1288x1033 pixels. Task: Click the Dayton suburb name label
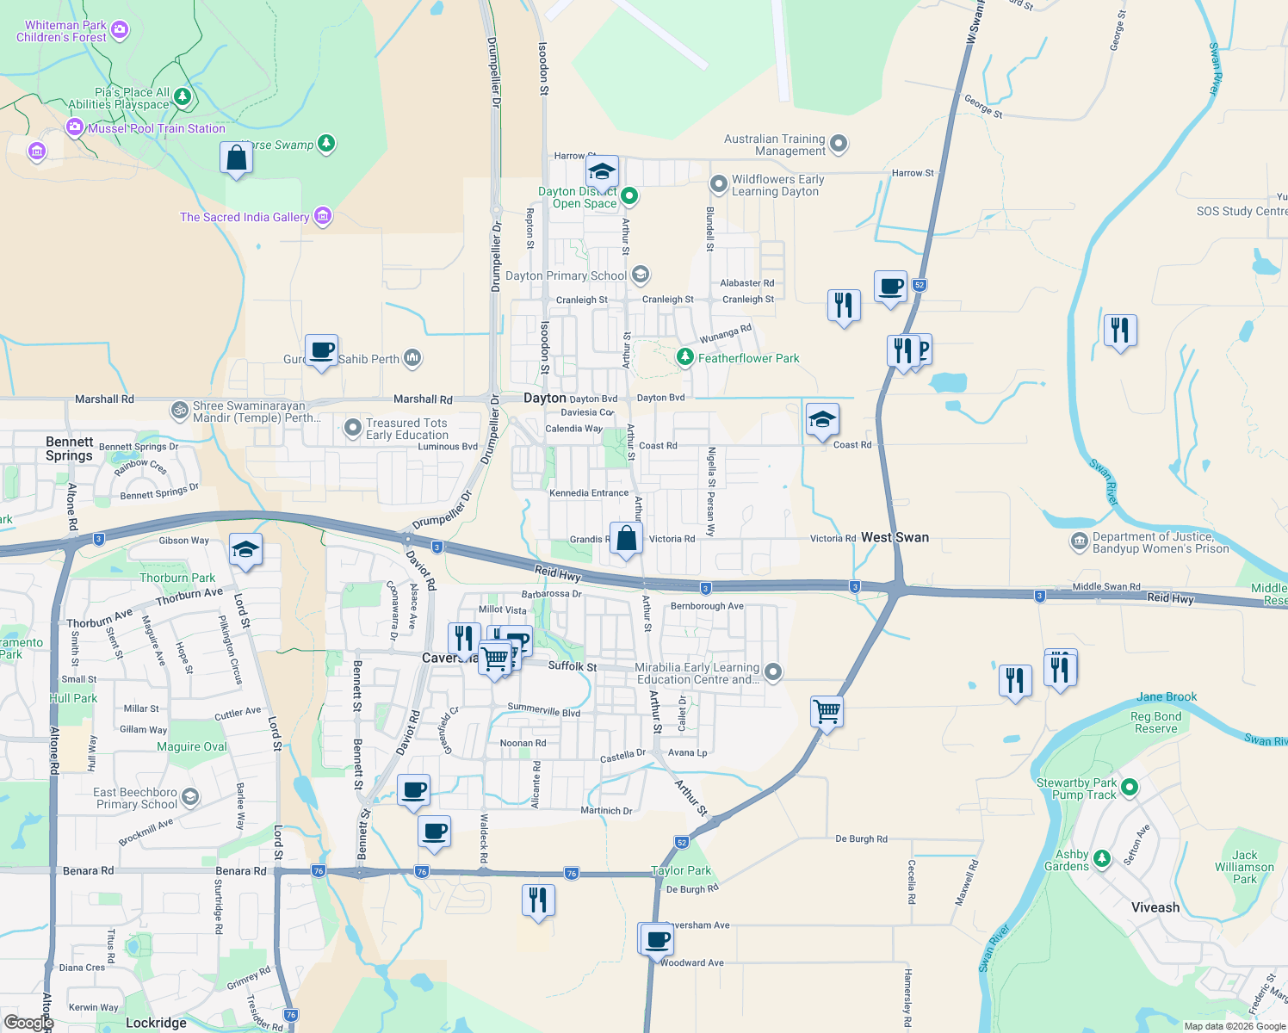tap(545, 398)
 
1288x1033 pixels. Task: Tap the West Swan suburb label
tap(895, 537)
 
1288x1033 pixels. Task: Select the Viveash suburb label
tap(1155, 907)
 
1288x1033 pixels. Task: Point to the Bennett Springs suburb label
tap(69, 448)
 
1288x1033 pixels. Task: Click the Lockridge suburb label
tap(156, 1023)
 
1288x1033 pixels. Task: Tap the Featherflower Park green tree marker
tap(684, 356)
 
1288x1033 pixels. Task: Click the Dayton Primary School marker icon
tap(640, 275)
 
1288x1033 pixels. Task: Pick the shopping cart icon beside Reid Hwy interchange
tap(827, 711)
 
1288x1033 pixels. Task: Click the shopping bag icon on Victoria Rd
tap(627, 539)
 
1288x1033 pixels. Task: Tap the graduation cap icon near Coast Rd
tap(822, 419)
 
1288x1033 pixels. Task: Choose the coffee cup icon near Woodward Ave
tap(657, 938)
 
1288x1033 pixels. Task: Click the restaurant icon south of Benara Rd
tap(538, 900)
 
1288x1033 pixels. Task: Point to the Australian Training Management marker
tap(839, 144)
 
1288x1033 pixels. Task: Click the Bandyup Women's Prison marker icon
tap(1079, 541)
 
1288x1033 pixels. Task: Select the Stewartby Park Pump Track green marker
tap(1130, 787)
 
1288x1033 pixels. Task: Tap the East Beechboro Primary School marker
tap(189, 796)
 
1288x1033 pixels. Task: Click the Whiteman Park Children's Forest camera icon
tap(120, 30)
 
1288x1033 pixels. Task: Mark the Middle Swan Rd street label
tap(1106, 586)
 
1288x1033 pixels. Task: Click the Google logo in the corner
tap(28, 1023)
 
